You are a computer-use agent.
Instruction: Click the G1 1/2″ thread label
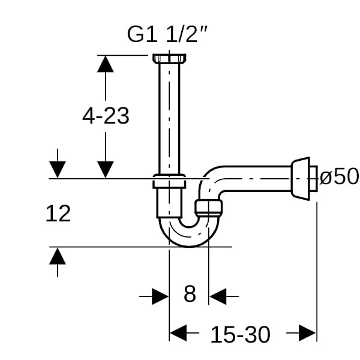[167, 34]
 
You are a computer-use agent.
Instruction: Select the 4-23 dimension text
[106, 116]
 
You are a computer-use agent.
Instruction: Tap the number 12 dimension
[58, 214]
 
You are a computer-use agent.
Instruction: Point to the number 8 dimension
[190, 294]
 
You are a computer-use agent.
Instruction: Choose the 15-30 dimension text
[240, 335]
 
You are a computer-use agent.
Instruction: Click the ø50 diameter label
[339, 176]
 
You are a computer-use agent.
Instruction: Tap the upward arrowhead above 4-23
[106, 64]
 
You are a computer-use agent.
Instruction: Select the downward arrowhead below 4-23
[106, 169]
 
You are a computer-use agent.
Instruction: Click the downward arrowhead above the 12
[58, 169]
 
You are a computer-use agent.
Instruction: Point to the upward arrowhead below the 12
[58, 256]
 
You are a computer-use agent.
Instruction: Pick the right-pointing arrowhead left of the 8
[160, 296]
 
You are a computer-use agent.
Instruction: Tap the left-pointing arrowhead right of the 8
[218, 296]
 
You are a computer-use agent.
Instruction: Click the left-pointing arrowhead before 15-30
[178, 333]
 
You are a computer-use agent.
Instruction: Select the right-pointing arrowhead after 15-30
[307, 333]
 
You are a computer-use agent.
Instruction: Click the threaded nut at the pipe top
[169, 59]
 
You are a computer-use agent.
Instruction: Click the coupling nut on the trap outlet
[208, 208]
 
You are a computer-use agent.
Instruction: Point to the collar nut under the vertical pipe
[169, 181]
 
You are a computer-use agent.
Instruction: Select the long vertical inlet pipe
[169, 119]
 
